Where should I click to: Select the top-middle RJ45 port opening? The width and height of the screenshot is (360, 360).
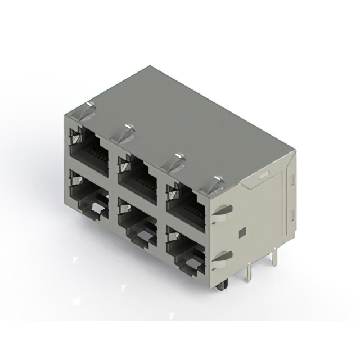pyautogui.click(x=138, y=173)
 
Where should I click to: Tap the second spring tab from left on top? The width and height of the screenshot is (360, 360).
pyautogui.click(x=127, y=134)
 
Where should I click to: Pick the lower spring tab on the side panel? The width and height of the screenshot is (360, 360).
pyautogui.click(x=222, y=257)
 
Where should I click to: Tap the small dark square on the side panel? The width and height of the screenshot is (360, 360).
pyautogui.click(x=242, y=231)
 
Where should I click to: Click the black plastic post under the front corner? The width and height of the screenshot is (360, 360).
pyautogui.click(x=220, y=286)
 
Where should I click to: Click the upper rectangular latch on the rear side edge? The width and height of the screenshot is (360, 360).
pyautogui.click(x=291, y=181)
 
